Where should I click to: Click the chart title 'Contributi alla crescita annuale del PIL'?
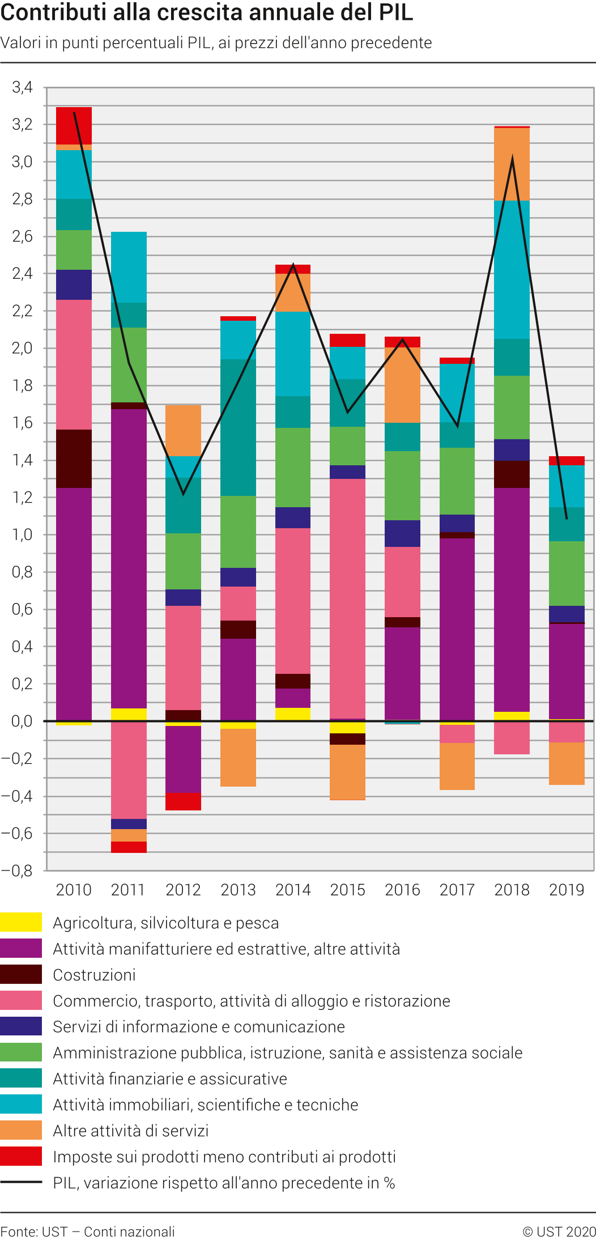tap(207, 13)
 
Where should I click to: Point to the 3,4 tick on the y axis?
tap(23, 87)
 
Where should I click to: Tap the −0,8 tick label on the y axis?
tap(17, 870)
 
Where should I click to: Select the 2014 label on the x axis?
tap(293, 890)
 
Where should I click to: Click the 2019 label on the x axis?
tap(567, 890)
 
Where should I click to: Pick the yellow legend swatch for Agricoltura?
tap(21, 922)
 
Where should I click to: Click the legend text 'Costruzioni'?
tap(94, 975)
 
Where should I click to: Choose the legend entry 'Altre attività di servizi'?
tap(131, 1131)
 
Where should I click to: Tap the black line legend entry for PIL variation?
tap(21, 1182)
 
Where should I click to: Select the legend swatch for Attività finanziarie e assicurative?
tap(21, 1078)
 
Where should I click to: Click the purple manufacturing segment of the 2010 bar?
tap(74, 604)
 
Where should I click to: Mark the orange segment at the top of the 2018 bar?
tap(512, 164)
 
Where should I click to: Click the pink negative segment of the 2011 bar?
tap(129, 770)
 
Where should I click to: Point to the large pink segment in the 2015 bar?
tap(347, 598)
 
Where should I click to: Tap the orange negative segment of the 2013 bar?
tap(238, 757)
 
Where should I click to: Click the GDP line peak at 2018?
tap(512, 159)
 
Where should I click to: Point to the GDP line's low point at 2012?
tap(183, 494)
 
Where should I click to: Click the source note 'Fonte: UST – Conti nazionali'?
tap(88, 1231)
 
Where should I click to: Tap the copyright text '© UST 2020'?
tap(559, 1231)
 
